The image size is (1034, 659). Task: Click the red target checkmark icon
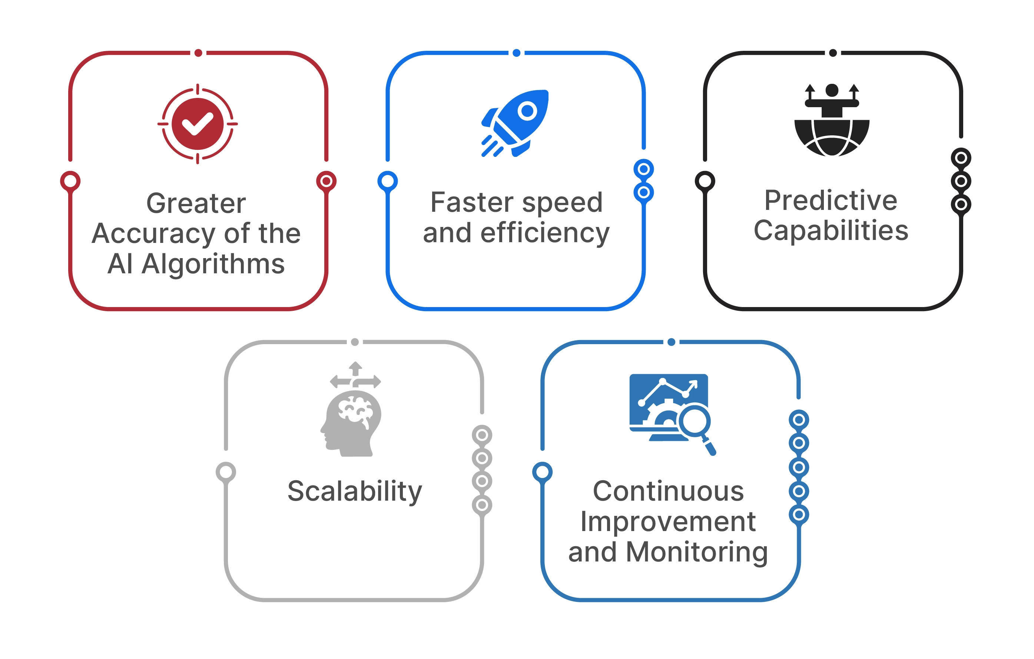(x=198, y=124)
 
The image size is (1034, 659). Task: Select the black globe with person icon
(x=832, y=120)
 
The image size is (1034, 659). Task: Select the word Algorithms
(x=213, y=264)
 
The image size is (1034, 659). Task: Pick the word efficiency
(x=545, y=233)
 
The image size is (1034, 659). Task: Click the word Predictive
(x=831, y=200)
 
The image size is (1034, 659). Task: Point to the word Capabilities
(x=831, y=231)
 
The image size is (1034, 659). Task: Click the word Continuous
(x=668, y=491)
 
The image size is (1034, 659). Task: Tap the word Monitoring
(x=696, y=552)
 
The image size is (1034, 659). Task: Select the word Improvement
(x=668, y=521)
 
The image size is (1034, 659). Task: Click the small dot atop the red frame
(x=198, y=53)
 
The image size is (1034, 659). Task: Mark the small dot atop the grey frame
(x=355, y=342)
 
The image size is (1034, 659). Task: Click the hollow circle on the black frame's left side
(x=705, y=181)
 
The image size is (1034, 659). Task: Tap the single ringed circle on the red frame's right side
(x=327, y=181)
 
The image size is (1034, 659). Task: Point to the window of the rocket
(x=527, y=111)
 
